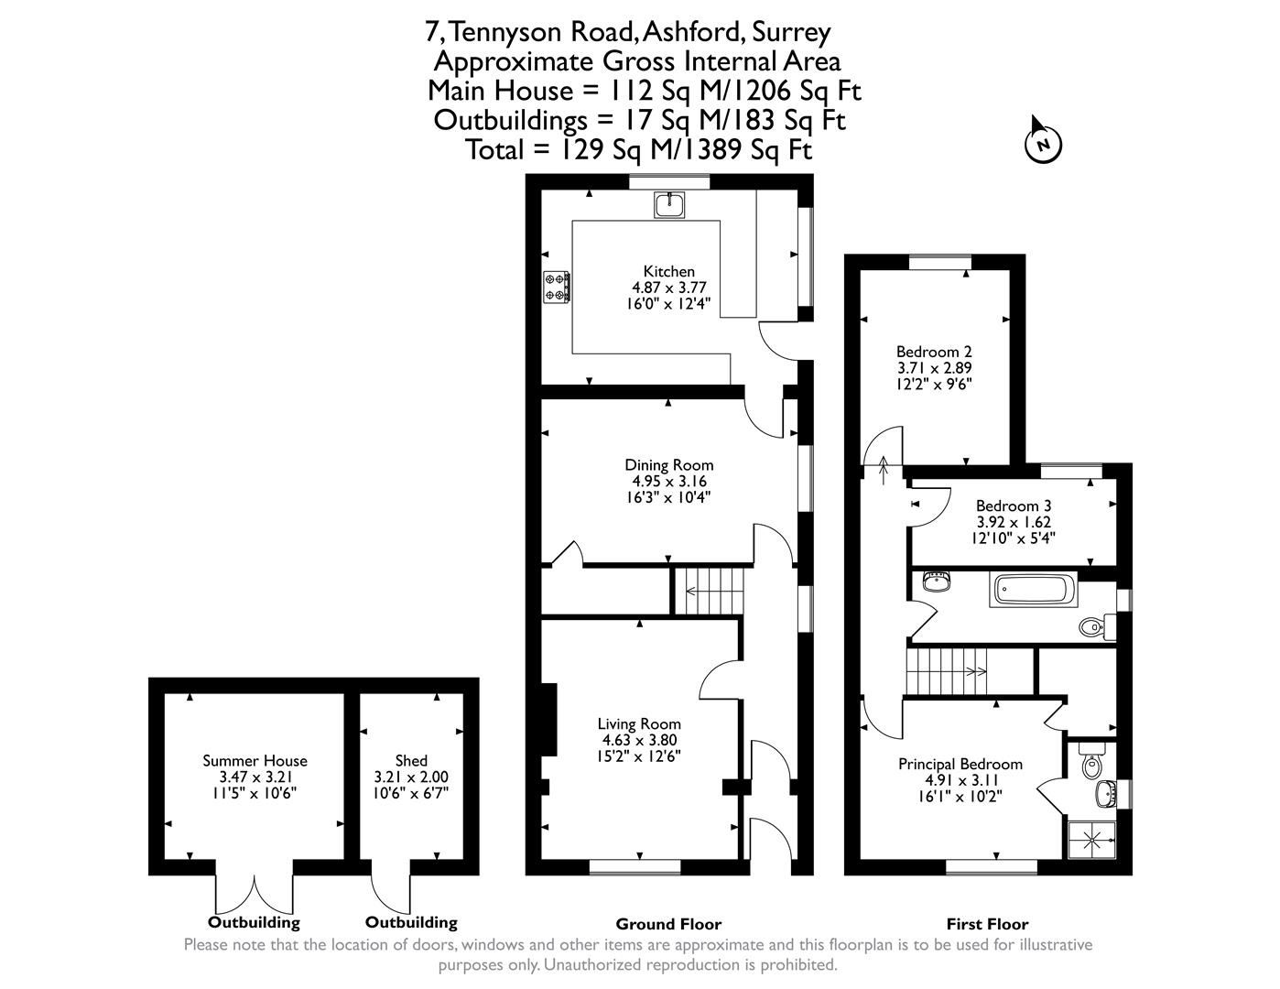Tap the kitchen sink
[x=669, y=204]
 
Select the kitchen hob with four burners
[x=556, y=287]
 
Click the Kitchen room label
[x=668, y=272]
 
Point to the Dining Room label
[x=668, y=465]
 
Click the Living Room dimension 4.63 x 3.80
[x=639, y=740]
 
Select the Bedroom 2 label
[x=934, y=352]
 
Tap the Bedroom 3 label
[x=1014, y=505]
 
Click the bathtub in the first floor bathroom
[x=1033, y=589]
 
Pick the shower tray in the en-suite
[x=1092, y=840]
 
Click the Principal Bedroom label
[x=960, y=764]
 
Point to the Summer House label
[x=255, y=760]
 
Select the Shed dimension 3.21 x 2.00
[x=410, y=777]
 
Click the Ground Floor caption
[x=668, y=924]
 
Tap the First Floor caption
[x=987, y=924]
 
